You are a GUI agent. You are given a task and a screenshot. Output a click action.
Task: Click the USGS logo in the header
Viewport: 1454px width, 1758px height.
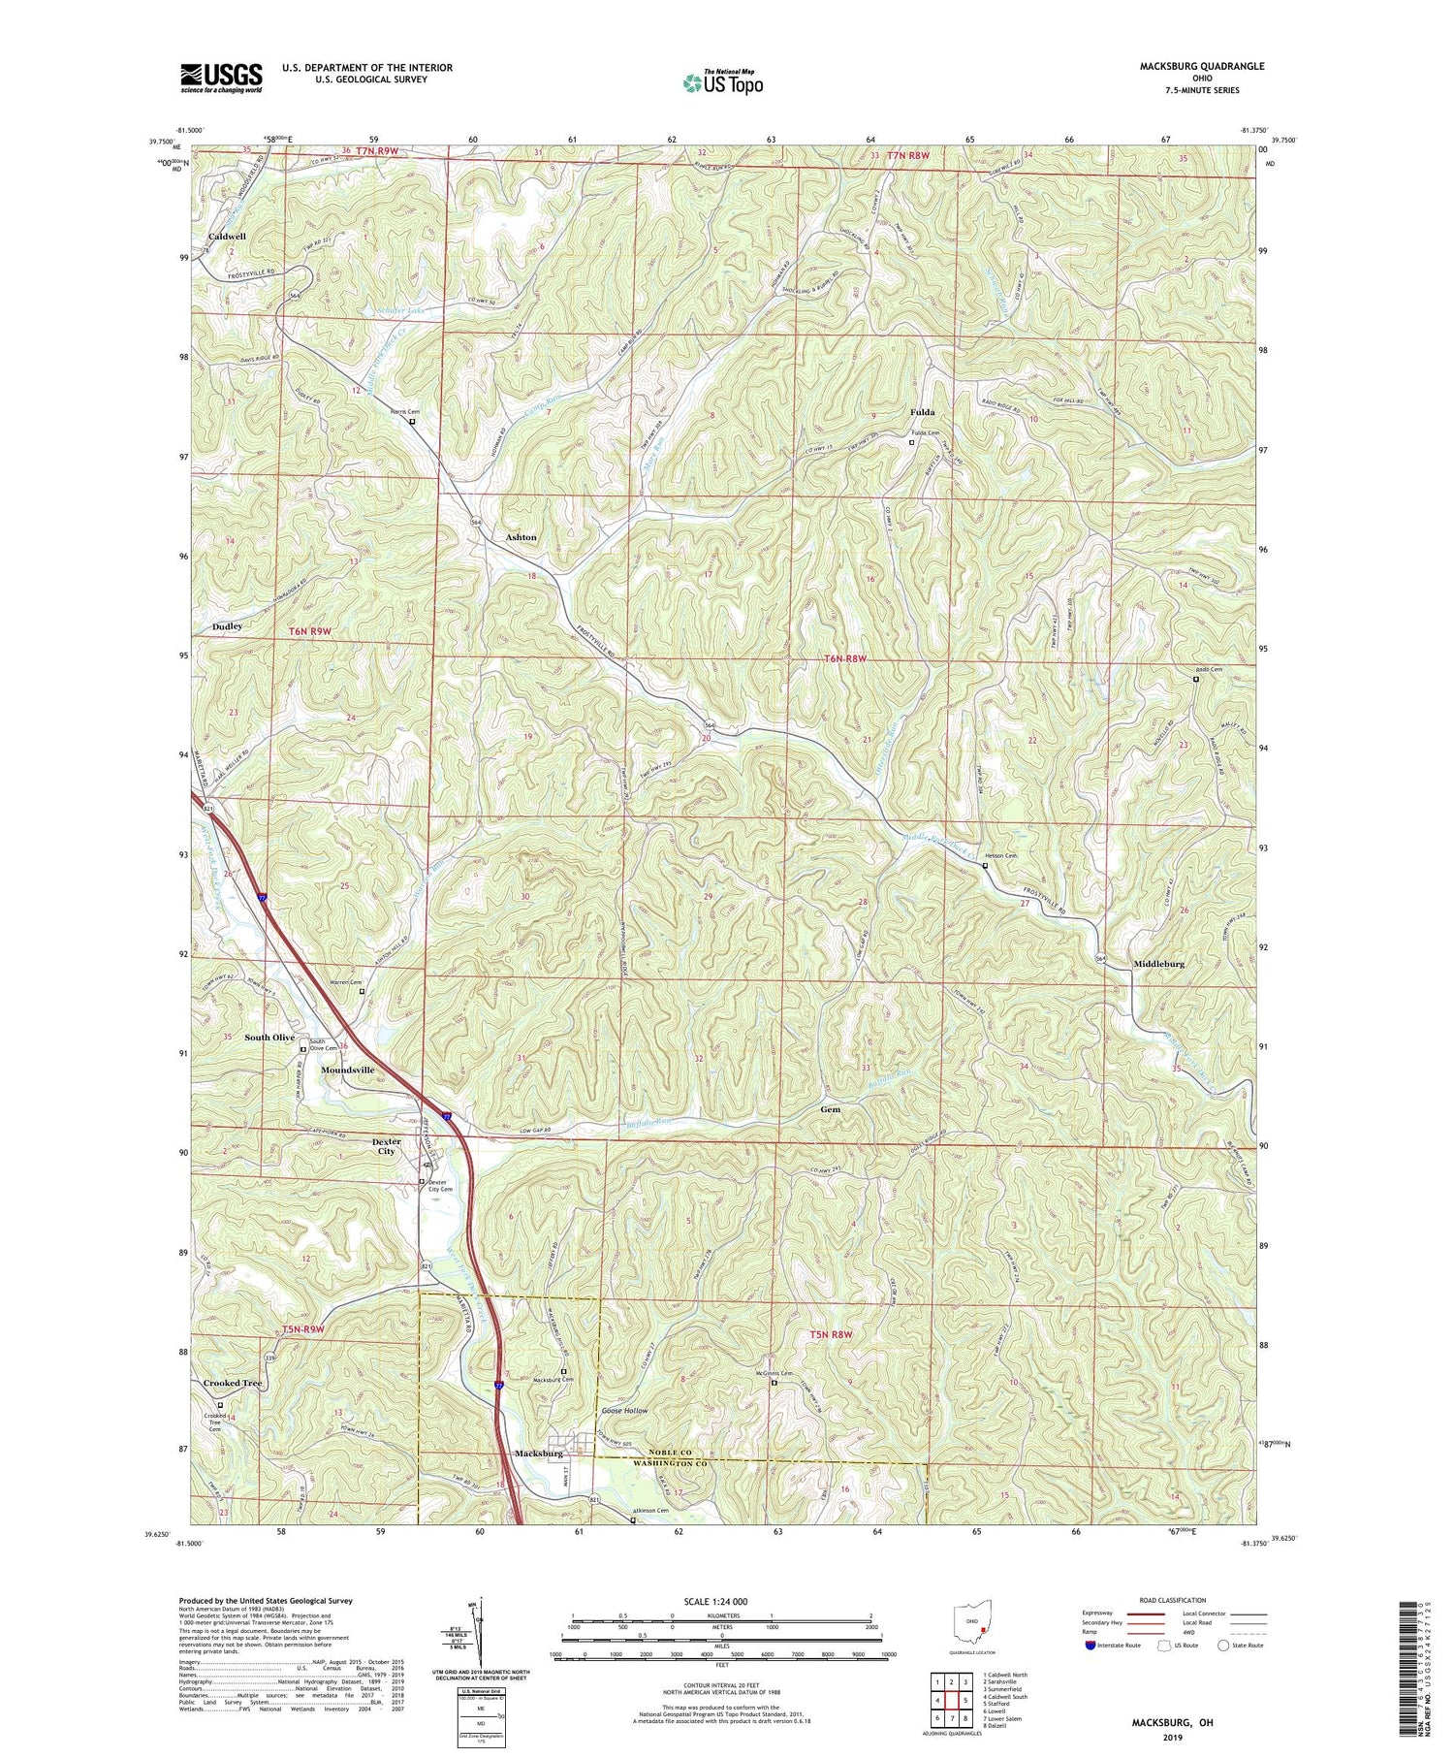click(x=221, y=78)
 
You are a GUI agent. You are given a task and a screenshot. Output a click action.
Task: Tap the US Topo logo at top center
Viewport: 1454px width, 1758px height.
click(x=723, y=83)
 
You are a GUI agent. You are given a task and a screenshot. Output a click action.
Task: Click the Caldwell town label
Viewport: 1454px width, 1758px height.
click(x=228, y=237)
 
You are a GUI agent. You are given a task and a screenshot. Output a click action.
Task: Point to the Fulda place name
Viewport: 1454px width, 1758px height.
click(x=922, y=412)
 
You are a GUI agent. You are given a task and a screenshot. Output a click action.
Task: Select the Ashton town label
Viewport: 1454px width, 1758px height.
click(x=521, y=537)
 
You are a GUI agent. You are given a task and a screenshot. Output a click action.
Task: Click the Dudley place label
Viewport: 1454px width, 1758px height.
click(x=228, y=627)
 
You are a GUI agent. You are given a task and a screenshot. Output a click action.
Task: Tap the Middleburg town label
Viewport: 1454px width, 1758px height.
click(x=1158, y=964)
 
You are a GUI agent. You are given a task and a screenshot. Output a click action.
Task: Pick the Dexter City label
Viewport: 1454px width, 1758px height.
click(x=387, y=1146)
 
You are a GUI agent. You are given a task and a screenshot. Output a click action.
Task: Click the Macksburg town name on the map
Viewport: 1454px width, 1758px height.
click(x=539, y=1454)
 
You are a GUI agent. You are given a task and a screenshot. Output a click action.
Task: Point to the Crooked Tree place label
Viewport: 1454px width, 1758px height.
click(x=233, y=1383)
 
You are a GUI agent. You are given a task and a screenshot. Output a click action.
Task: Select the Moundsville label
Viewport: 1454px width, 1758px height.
click(x=347, y=1070)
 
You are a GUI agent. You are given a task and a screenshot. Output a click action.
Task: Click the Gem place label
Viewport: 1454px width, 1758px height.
click(x=830, y=1109)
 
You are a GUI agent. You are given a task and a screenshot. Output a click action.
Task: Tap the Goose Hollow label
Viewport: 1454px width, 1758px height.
click(x=624, y=1411)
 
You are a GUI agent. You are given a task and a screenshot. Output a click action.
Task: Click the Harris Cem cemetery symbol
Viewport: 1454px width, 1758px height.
click(x=412, y=423)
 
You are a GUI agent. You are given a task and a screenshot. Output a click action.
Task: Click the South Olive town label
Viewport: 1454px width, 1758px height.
click(x=269, y=1038)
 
